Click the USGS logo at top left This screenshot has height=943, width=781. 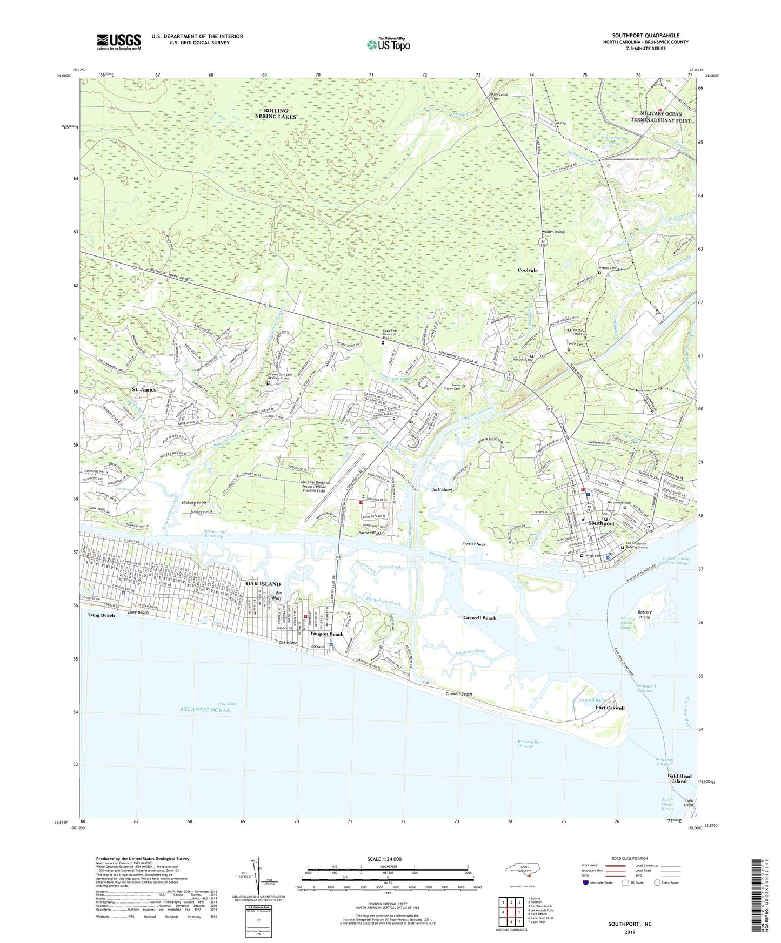coord(119,42)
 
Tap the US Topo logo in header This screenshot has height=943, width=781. coord(388,44)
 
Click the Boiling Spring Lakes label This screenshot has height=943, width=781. coord(276,113)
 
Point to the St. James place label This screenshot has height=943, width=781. coord(144,389)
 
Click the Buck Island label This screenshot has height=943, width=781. coord(441,489)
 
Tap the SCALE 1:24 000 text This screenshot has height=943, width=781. coord(384,859)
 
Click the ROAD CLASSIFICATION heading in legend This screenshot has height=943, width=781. coord(630,858)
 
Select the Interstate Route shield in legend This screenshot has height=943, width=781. coord(586,883)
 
